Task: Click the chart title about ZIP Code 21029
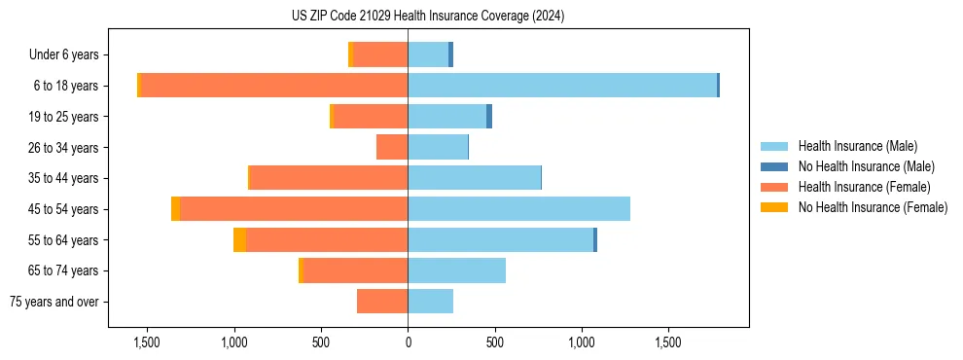point(428,17)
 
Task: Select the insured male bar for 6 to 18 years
point(562,86)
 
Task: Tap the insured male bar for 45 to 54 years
point(518,209)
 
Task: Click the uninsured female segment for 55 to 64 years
point(239,240)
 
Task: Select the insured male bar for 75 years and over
point(430,302)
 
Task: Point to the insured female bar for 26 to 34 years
point(392,148)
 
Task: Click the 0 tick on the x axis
point(408,342)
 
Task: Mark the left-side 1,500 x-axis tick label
point(147,342)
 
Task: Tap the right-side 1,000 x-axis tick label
point(582,342)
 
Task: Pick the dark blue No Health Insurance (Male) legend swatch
point(774,166)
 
